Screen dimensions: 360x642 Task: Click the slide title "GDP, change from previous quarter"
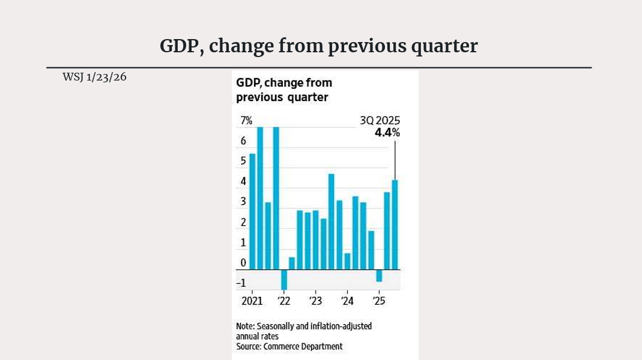pos(318,46)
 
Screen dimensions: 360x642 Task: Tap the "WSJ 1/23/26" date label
pos(94,77)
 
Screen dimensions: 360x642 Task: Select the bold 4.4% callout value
pos(387,133)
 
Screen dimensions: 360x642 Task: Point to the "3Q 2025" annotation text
pos(380,121)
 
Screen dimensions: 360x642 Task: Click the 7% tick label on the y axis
pos(246,121)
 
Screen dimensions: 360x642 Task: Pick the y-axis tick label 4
pos(243,182)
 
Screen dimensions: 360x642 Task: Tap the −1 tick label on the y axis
pos(241,283)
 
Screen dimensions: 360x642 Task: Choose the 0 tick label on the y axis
pos(243,263)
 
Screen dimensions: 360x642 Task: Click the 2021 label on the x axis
pos(252,301)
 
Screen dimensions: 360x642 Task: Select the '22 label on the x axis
pos(283,301)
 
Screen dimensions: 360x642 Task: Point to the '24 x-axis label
pos(347,301)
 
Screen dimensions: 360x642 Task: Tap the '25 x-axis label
pos(378,301)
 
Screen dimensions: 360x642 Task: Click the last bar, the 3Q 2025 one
pos(395,224)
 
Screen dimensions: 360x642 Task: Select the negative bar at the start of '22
pos(284,279)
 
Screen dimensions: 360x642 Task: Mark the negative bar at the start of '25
pos(379,275)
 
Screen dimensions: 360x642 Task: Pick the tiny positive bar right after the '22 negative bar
pos(292,263)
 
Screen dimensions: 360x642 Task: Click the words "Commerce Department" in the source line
pos(303,346)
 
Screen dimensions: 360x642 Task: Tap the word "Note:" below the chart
pos(246,326)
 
